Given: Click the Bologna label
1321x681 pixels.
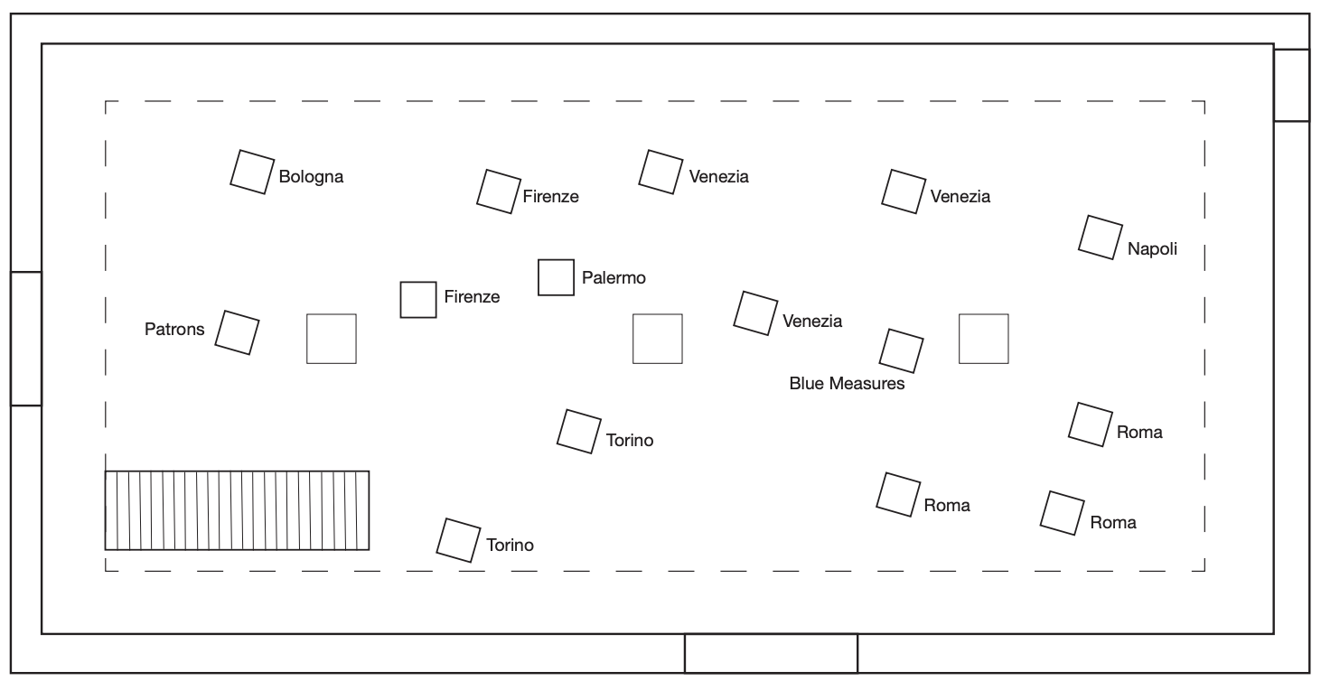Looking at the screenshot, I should tap(311, 177).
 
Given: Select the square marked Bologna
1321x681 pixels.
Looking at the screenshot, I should tap(252, 172).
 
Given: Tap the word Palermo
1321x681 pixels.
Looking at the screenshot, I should tap(614, 277).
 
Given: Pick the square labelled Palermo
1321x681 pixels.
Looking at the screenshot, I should tap(557, 277).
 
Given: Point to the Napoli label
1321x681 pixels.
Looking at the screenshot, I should tap(1152, 249).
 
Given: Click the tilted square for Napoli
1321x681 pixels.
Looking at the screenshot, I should tap(1101, 238).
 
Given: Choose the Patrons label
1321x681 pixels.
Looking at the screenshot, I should tap(174, 329).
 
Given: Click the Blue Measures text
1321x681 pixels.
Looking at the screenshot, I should tap(847, 384).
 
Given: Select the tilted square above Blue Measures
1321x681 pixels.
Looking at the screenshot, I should tap(902, 350).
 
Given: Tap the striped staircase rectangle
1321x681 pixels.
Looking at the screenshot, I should tap(237, 510).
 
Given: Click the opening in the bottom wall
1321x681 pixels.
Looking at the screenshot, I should tap(771, 653).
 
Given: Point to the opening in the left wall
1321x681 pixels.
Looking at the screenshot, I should tap(26, 339).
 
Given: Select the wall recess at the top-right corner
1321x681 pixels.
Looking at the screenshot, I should tap(1291, 85).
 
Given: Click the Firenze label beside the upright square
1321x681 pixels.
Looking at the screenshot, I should tap(472, 296).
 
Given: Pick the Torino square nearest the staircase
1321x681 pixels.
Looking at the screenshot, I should tap(458, 540).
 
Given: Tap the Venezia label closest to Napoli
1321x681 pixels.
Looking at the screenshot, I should tap(960, 196).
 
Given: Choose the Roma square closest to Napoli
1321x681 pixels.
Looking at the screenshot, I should tap(1090, 424).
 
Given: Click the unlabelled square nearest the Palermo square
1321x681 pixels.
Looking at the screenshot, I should tap(657, 339).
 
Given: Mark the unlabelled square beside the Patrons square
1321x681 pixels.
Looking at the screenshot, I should tap(332, 339).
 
